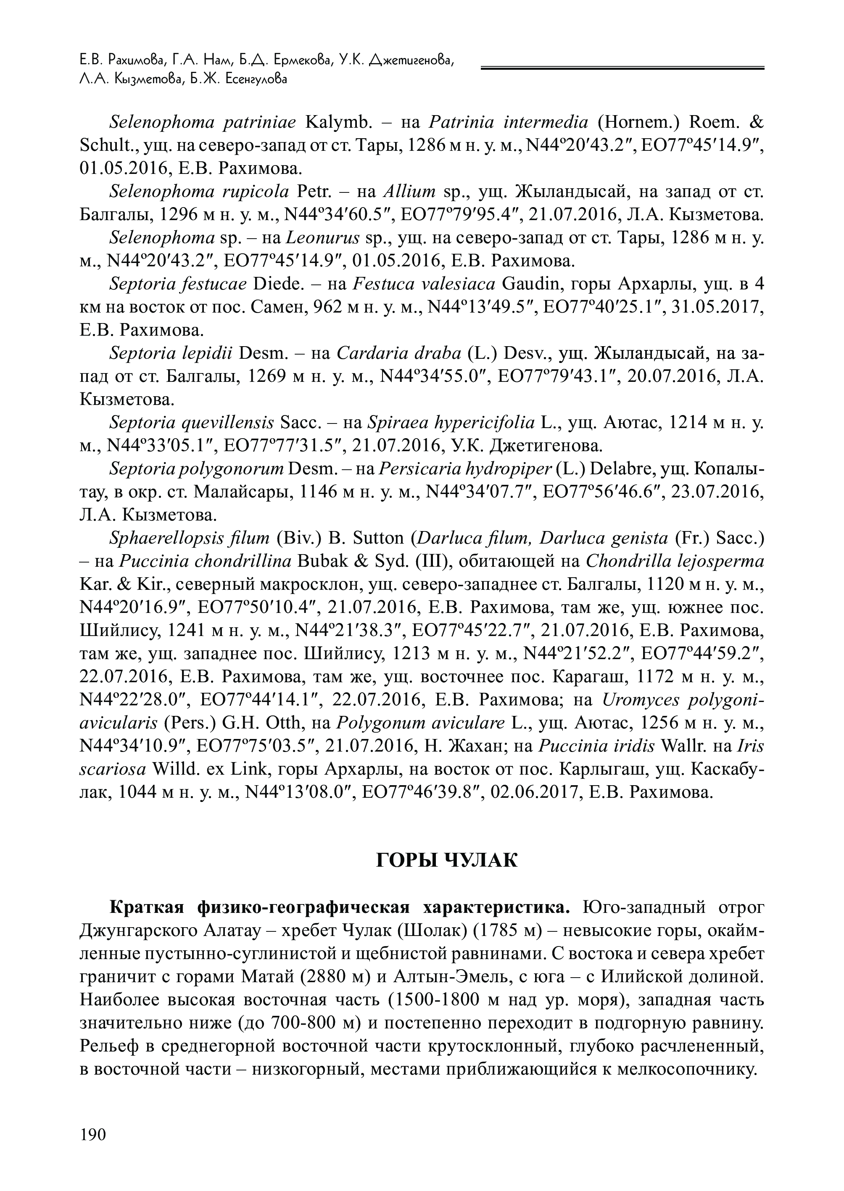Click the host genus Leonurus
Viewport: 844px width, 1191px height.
[323, 238]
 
